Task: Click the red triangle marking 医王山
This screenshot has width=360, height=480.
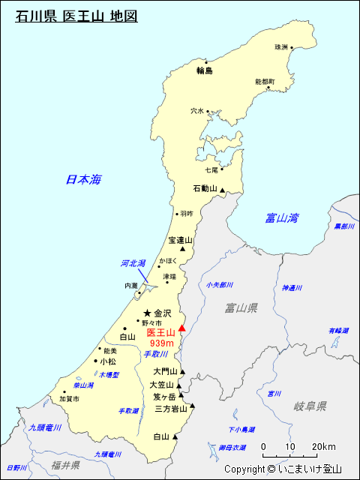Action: click(181, 328)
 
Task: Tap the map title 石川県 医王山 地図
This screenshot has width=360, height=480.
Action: click(76, 15)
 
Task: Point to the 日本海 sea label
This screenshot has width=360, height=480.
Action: click(83, 179)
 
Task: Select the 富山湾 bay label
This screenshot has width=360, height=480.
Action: click(282, 218)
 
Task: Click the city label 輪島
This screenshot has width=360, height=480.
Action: click(205, 70)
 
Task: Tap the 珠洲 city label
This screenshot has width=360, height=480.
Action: click(280, 47)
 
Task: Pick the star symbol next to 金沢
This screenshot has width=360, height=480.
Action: click(147, 313)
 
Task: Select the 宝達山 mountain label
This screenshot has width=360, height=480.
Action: click(180, 241)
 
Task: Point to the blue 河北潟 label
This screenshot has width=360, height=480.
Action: click(133, 263)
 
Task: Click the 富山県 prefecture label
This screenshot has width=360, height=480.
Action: click(241, 307)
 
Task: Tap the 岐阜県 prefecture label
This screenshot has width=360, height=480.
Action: click(310, 406)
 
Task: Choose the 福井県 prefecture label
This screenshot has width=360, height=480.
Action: click(66, 465)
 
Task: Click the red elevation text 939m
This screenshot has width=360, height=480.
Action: click(161, 343)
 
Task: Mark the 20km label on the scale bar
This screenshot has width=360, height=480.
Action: click(323, 446)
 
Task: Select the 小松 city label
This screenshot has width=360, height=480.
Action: click(107, 361)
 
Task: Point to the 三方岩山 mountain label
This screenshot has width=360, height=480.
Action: click(171, 409)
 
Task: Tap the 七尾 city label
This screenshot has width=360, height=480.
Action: click(211, 170)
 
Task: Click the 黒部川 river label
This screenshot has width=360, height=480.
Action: click(344, 226)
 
